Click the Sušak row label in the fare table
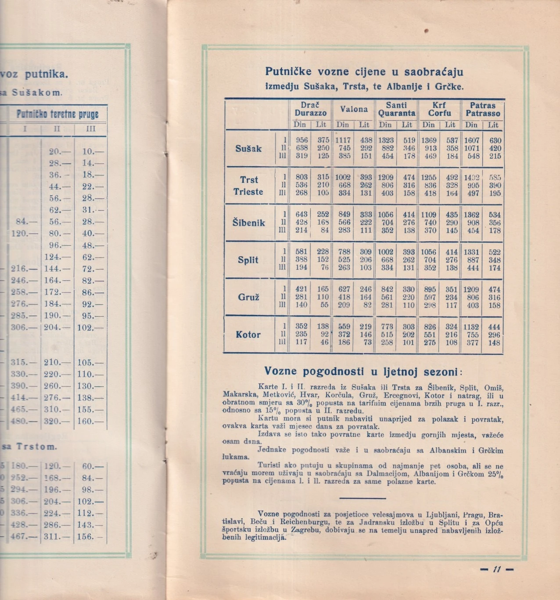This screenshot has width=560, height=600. (248, 149)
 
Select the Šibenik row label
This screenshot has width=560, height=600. (249, 223)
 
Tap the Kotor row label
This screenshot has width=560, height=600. (248, 335)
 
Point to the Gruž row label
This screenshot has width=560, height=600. (248, 297)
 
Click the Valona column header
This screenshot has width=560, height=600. (354, 109)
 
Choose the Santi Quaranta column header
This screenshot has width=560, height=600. (397, 109)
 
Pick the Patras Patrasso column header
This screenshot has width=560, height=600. (483, 109)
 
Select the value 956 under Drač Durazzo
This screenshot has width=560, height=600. (302, 140)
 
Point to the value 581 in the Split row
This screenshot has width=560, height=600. (301, 252)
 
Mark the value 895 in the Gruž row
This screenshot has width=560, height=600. (430, 289)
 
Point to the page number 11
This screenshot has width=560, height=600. (497, 569)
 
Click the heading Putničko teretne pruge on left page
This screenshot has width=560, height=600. (57, 114)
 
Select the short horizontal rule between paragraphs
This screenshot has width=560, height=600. (363, 498)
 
